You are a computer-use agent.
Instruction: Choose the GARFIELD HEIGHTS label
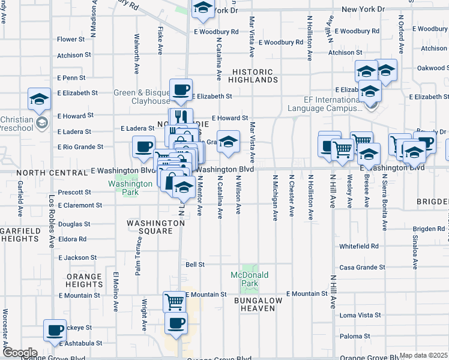click(20, 235)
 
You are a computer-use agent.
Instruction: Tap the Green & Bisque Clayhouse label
click(142, 97)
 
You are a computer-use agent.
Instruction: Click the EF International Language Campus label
click(325, 104)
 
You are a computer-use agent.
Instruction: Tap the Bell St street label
click(195, 264)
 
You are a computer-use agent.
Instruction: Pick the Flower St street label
click(71, 40)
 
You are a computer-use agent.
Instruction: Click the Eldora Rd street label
click(73, 239)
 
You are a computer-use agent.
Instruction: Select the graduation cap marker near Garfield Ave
click(40, 98)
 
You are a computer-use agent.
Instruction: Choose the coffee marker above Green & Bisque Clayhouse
click(181, 90)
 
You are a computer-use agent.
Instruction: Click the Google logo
click(20, 353)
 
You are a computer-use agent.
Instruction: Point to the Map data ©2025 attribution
click(423, 355)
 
